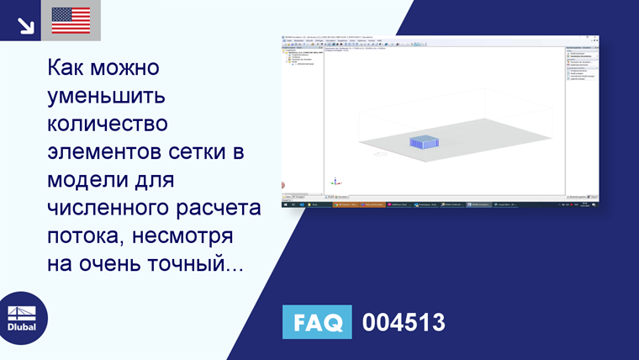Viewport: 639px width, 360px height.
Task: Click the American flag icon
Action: coord(71,20)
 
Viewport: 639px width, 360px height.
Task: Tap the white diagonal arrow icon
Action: coord(25,24)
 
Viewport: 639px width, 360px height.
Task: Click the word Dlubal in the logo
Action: coord(22,326)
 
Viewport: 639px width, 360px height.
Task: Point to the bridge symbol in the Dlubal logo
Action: coord(22,309)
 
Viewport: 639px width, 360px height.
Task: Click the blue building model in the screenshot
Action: coord(424,142)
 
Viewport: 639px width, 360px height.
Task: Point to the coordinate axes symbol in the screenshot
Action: coord(335,181)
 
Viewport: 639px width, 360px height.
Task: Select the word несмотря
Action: coord(197,238)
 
